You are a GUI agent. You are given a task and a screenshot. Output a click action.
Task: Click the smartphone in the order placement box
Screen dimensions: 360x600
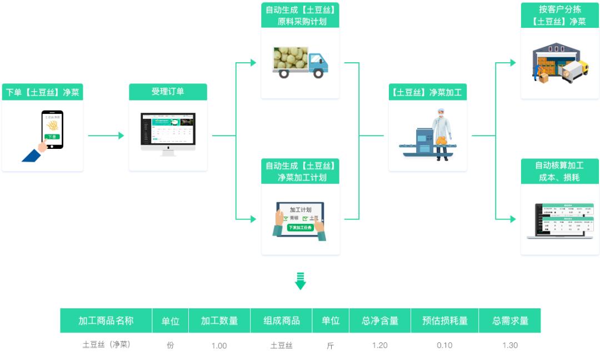[x=52, y=129]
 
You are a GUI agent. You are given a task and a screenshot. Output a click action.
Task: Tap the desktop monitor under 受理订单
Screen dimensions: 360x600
[x=168, y=132]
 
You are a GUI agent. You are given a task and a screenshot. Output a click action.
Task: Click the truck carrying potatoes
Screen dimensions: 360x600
[x=300, y=62]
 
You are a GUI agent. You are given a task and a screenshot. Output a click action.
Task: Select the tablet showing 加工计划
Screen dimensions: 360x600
[x=300, y=221]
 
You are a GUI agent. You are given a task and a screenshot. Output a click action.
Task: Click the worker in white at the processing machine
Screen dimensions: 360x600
[x=442, y=133]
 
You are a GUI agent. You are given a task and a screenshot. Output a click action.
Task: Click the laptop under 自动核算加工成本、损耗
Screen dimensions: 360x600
[x=560, y=221]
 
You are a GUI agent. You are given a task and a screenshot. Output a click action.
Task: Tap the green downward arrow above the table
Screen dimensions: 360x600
[x=301, y=281]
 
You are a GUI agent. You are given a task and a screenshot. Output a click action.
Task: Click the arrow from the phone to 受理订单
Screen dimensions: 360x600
[x=106, y=136]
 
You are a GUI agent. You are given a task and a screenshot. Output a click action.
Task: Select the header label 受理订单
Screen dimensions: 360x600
[x=168, y=92]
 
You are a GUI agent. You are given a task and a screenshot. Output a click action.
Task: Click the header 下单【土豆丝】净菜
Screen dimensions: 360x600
[x=42, y=92]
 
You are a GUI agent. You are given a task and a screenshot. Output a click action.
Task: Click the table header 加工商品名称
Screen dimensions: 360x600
[x=106, y=321]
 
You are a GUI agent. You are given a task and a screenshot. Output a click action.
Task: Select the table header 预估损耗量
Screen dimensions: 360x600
[x=444, y=321]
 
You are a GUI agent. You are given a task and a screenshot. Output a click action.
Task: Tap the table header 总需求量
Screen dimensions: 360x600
[x=509, y=321]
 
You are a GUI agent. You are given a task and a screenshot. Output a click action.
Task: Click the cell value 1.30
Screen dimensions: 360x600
[x=509, y=345]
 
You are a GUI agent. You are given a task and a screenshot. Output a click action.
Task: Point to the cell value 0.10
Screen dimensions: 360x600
[x=444, y=345]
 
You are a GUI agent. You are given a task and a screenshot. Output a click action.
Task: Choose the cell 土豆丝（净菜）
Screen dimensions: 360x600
[x=106, y=344]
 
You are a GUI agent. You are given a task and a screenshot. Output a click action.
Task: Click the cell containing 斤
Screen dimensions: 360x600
[x=331, y=345]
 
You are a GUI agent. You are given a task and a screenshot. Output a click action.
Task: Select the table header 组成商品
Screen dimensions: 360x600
[x=281, y=321]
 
